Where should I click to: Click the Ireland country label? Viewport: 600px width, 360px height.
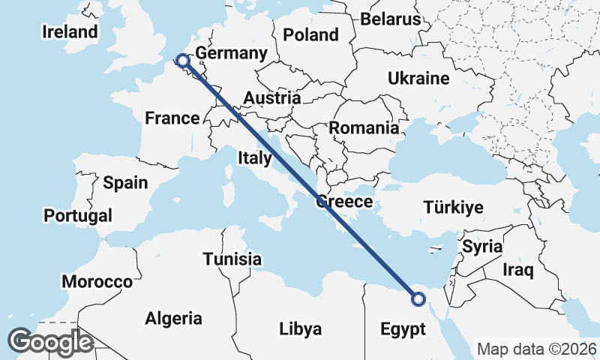point(70,31)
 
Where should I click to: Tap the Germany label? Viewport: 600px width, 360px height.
point(231,53)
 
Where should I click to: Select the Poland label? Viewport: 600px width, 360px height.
point(311,34)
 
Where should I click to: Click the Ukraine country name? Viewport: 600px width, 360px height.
point(418,78)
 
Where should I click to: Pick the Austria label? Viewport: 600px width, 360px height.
point(271,97)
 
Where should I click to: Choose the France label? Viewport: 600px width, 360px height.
point(172,118)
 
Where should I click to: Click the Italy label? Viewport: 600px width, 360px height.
point(254,157)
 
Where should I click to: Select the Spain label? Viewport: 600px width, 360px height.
point(125,182)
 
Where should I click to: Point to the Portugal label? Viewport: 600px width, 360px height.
point(78,215)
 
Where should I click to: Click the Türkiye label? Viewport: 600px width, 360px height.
point(454,207)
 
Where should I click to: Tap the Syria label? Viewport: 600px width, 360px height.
point(481,246)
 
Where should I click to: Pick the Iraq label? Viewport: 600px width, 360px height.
point(518,269)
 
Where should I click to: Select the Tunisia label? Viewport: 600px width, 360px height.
point(232,259)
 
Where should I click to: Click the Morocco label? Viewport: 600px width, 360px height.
point(97,282)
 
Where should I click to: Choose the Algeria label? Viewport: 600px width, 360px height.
point(173,318)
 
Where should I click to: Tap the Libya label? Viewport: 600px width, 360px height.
point(300,328)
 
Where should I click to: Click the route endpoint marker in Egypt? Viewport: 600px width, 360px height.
point(418,299)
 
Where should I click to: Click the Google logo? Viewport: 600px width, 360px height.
point(50,342)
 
